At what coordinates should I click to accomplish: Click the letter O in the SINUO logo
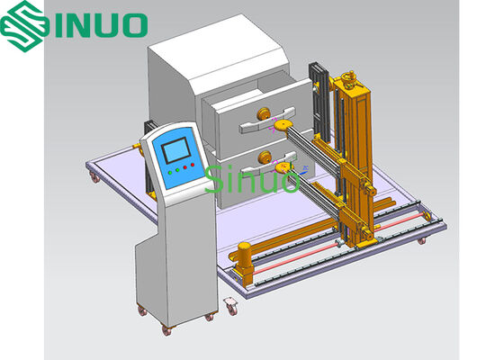click(x=134, y=25)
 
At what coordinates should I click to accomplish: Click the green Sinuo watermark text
click(x=252, y=179)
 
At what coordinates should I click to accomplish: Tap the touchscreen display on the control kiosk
click(x=175, y=150)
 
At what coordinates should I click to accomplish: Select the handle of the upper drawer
click(x=266, y=121)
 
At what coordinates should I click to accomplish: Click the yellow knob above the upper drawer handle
click(x=265, y=113)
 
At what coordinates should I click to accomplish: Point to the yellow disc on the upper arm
click(x=283, y=125)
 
